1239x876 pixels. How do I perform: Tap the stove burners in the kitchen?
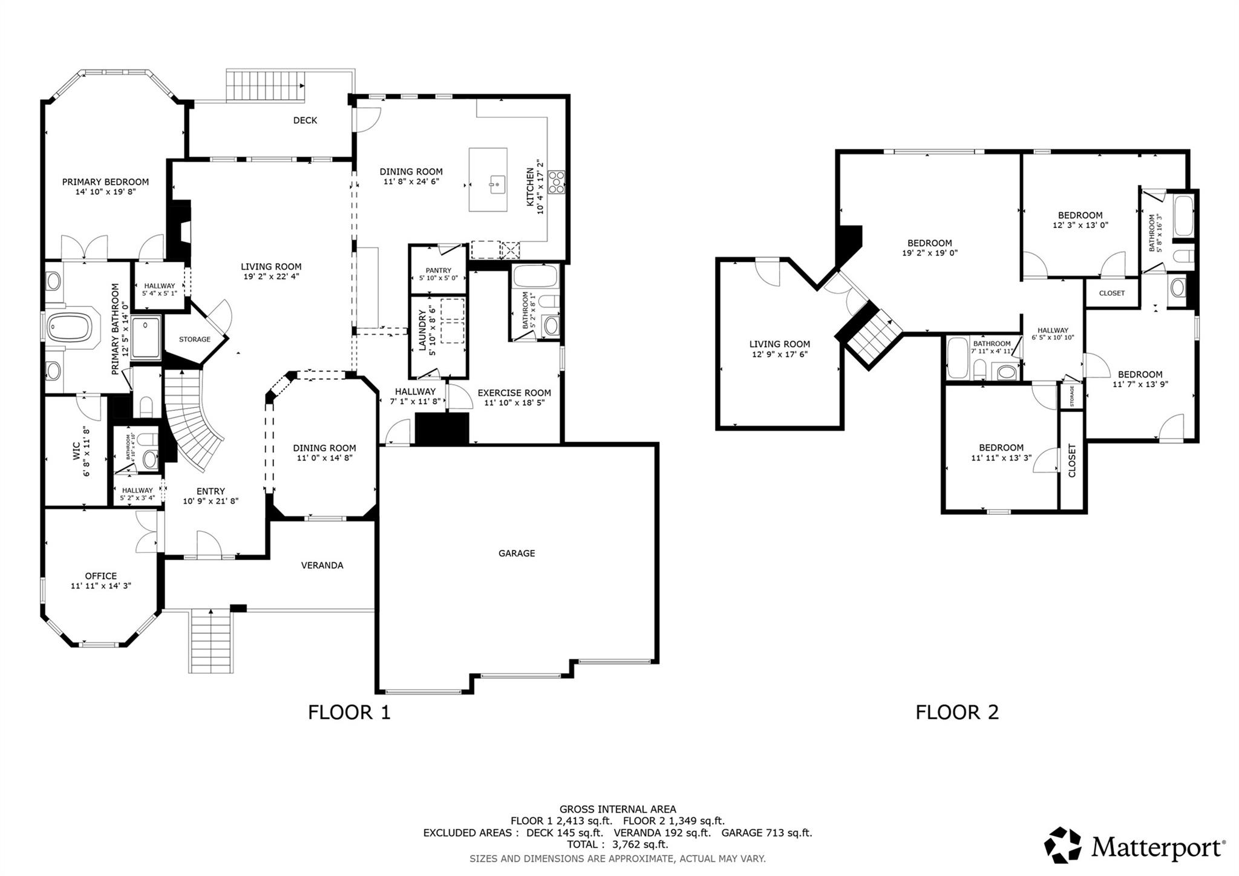coord(556,182)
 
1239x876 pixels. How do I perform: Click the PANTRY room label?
coord(439,270)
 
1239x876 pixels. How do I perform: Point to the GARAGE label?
coord(517,553)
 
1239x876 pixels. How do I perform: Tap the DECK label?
coord(305,120)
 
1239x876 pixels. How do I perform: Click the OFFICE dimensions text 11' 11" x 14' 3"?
coord(101,586)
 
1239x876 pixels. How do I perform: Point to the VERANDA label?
coord(322,565)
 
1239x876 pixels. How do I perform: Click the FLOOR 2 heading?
coord(956,712)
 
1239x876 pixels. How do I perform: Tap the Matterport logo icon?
coord(1062,845)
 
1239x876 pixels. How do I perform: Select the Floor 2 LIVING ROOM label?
coord(779,344)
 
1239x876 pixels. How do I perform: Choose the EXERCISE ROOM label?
coord(514,393)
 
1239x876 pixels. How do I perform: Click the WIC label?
coord(76,451)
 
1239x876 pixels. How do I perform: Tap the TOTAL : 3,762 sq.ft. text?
coord(617,845)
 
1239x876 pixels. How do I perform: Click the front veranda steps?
coord(211,642)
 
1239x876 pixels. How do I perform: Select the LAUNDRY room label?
coord(423,330)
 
